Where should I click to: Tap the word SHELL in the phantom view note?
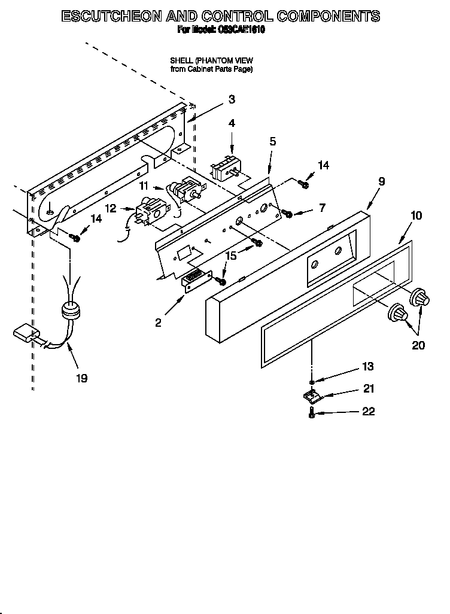181,60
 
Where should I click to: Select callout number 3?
232,100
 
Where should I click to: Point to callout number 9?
381,181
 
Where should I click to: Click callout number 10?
416,215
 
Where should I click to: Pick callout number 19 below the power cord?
81,378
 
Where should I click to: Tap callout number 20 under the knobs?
419,345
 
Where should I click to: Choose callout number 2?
158,323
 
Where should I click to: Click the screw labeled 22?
312,412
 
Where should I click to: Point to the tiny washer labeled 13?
312,381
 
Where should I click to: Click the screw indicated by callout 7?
288,214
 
